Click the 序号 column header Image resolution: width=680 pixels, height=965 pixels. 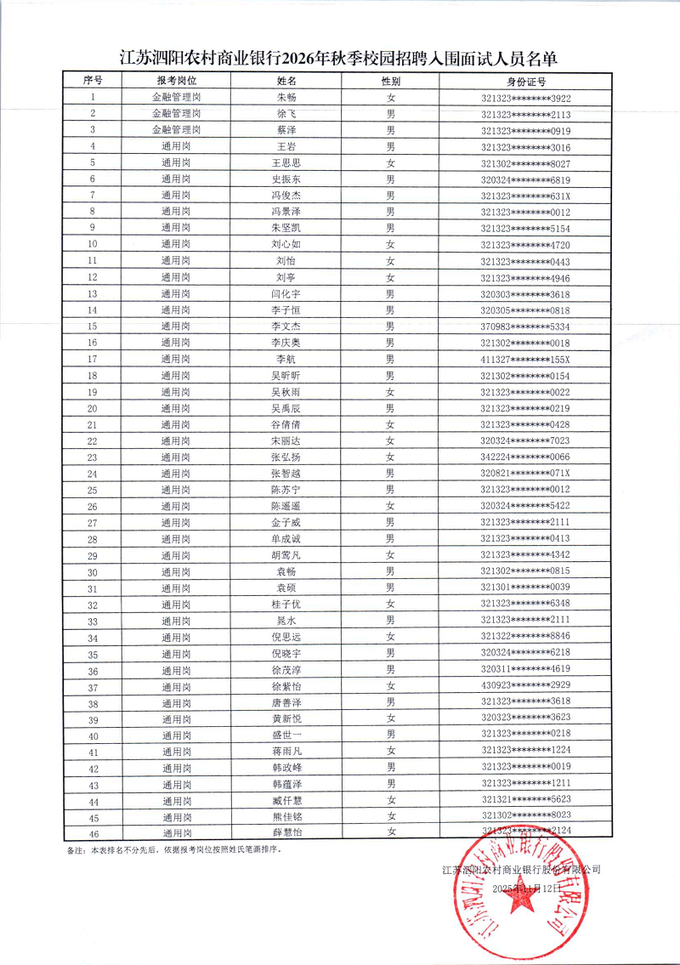click(93, 81)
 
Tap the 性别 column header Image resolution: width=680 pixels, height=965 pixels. click(391, 82)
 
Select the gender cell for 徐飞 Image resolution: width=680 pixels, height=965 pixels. click(391, 114)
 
